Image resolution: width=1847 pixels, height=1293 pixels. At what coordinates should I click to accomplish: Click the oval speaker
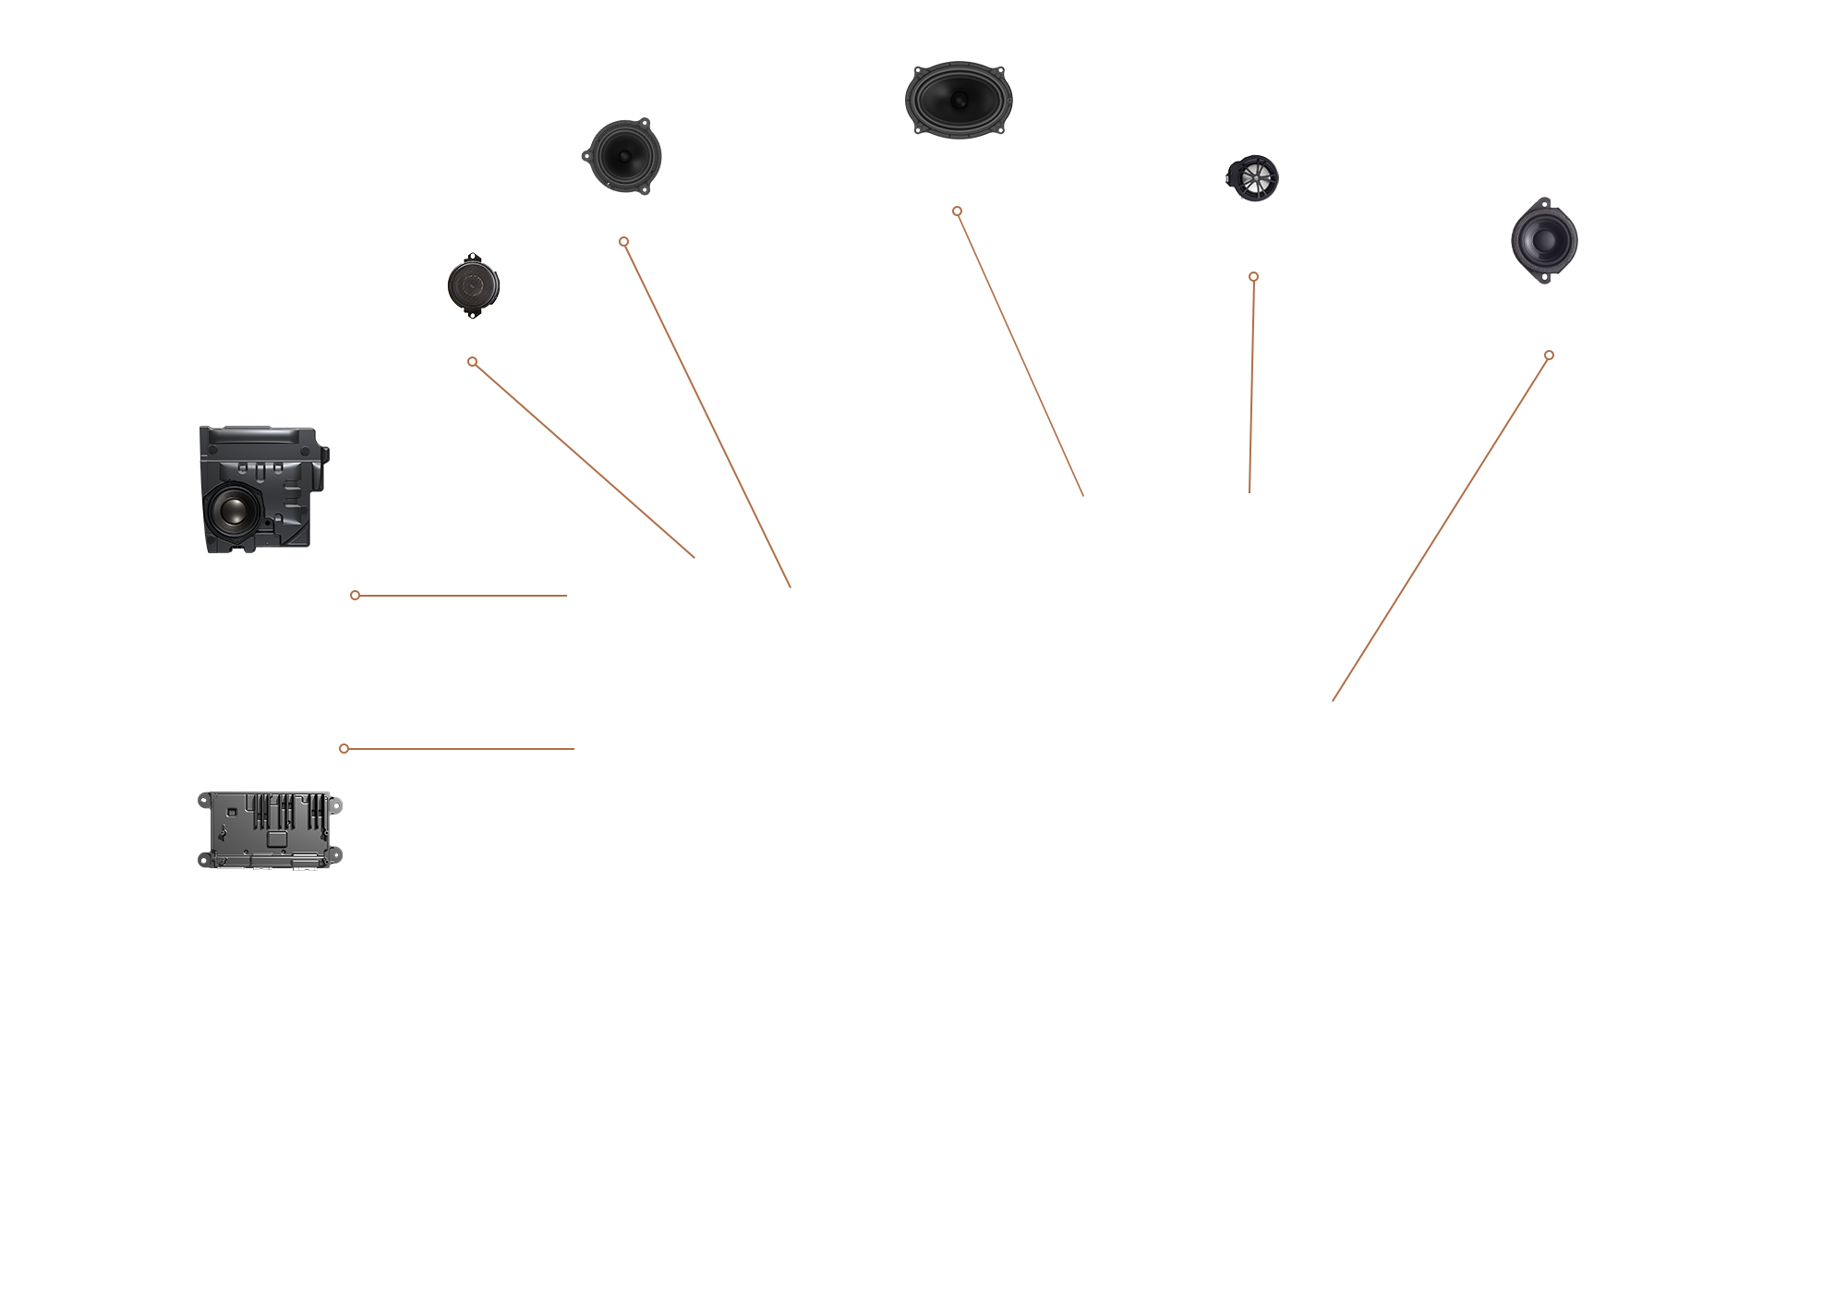(958, 100)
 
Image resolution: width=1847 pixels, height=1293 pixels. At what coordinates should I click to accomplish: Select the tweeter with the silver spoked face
(1253, 177)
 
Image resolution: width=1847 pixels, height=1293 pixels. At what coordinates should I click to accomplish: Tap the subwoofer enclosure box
(262, 489)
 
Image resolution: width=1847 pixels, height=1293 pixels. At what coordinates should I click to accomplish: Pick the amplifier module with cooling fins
(269, 829)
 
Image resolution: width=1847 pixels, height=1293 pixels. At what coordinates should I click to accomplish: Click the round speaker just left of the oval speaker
(622, 156)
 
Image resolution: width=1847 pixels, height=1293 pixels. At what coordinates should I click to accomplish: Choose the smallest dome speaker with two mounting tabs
(473, 285)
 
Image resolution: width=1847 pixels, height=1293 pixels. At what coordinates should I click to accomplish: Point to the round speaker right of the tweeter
(1544, 240)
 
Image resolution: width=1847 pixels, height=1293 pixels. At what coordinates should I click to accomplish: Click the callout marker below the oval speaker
(958, 211)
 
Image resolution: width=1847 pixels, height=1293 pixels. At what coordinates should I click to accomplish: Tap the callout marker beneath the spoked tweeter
(1253, 276)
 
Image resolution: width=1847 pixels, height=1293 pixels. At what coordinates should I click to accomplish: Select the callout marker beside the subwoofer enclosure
(356, 596)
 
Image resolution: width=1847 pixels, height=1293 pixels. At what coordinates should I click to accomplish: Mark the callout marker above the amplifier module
(344, 748)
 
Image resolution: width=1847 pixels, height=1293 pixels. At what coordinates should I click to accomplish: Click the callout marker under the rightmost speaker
(1549, 355)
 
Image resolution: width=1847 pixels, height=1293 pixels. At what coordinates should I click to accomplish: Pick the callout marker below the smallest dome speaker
(473, 362)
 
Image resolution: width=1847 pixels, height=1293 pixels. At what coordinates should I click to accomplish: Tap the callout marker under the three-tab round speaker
(624, 242)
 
